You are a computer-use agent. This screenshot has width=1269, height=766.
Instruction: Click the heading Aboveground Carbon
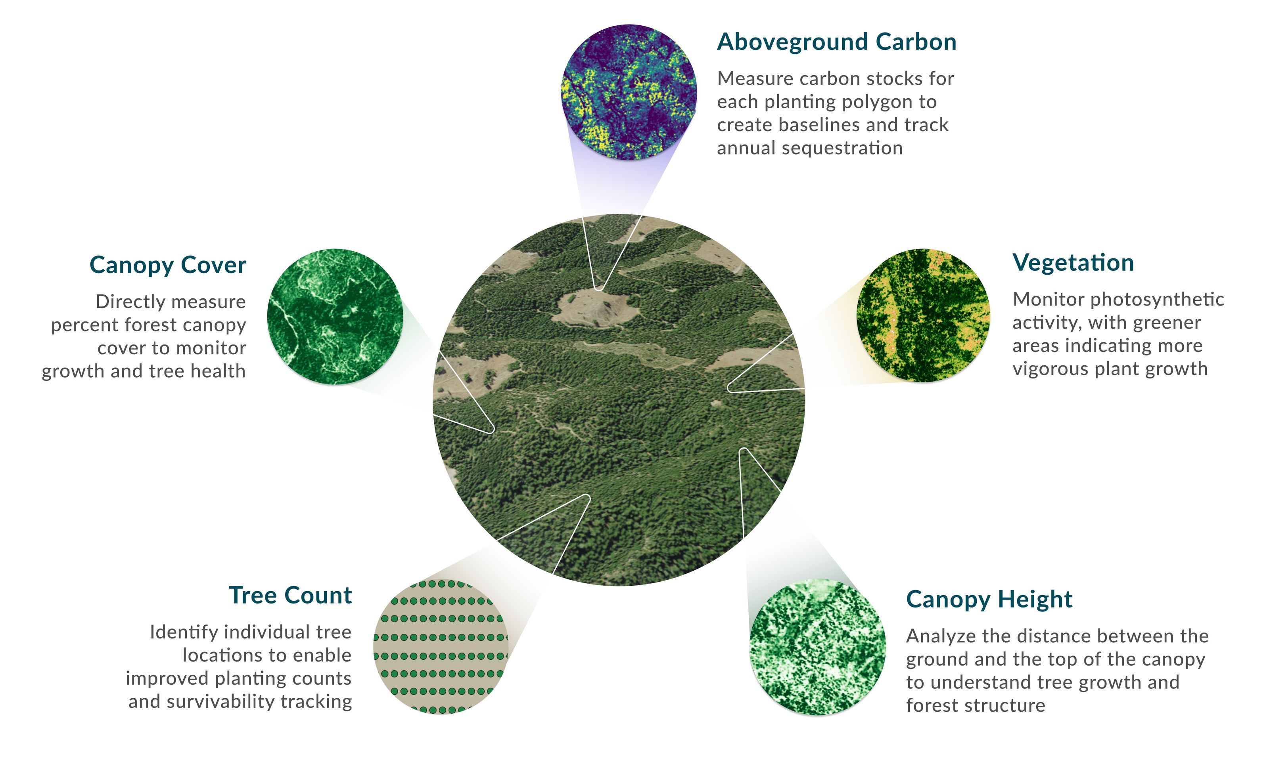836,42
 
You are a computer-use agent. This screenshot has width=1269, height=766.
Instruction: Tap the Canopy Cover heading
168,266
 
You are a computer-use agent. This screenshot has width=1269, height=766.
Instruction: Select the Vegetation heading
1073,263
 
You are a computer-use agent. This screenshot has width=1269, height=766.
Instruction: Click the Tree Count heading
290,595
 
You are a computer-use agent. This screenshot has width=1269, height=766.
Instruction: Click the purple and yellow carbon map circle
629,92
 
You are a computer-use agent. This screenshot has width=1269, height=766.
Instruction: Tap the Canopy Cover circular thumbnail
335,317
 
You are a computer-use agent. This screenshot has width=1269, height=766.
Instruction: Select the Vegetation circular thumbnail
923,315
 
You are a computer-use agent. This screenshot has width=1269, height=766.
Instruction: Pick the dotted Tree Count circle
441,647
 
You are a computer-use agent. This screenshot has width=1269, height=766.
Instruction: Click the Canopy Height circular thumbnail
817,647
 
